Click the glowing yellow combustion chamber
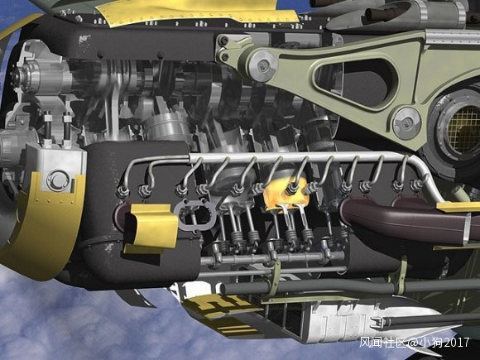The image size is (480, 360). (x=286, y=195)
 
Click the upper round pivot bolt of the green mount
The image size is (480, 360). (x=263, y=65)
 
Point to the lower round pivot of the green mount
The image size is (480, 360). (x=407, y=123)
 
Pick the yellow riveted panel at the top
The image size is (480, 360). (x=196, y=12)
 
